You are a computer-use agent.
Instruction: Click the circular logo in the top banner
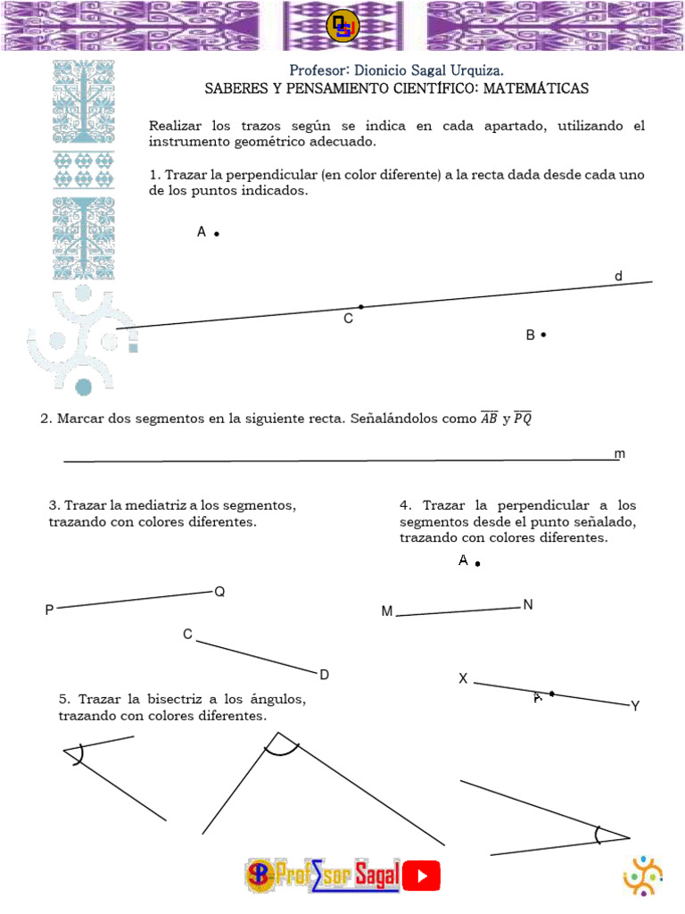tap(342, 27)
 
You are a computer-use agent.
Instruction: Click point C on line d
tap(360, 306)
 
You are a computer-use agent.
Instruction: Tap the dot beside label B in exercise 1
tap(543, 335)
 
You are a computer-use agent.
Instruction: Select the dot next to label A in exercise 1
tap(217, 234)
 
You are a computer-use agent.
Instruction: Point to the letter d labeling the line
tap(618, 277)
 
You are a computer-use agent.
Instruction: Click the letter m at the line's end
tap(620, 454)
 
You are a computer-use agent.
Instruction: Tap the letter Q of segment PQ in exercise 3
tap(219, 591)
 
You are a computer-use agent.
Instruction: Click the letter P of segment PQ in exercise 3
tap(49, 611)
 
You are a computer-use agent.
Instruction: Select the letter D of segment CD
tap(325, 675)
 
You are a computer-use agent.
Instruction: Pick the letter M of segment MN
tap(387, 611)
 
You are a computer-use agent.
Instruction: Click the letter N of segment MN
tap(528, 605)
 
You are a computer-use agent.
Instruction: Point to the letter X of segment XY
tap(463, 679)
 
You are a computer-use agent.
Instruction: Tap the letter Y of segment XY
tap(635, 706)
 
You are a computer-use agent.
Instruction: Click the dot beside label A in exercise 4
tap(478, 564)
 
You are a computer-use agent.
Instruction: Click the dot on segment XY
tap(552, 694)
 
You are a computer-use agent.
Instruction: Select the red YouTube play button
tap(422, 876)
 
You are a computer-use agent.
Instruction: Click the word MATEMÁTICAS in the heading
tap(537, 89)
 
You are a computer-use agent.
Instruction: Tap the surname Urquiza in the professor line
tap(477, 71)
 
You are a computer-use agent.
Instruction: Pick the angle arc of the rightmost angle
tap(598, 835)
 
